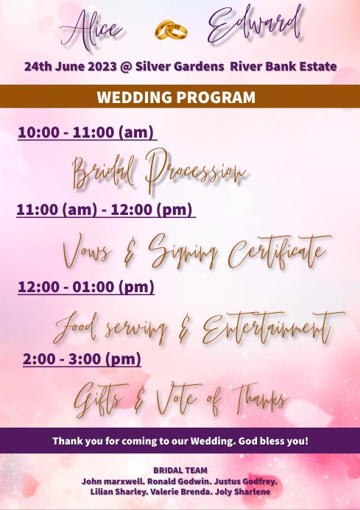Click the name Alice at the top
[91, 29]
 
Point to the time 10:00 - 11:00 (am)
[86, 132]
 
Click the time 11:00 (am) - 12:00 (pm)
[105, 210]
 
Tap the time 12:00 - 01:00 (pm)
[85, 286]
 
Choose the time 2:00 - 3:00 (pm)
[82, 359]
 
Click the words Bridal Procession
[158, 171]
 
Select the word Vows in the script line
[88, 251]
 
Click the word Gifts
[99, 400]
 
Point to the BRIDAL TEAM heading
[180, 470]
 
